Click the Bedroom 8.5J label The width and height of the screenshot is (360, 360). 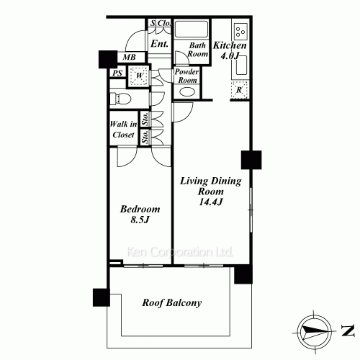140,214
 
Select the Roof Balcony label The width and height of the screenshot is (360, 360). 172,302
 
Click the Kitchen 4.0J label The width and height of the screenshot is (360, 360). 230,50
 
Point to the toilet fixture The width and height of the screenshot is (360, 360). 120,98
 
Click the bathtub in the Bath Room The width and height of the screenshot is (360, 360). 192,29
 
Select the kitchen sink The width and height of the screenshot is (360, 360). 241,66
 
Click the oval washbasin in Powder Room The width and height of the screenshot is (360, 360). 187,91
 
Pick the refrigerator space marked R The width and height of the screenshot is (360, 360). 239,90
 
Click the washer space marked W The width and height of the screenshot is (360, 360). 139,76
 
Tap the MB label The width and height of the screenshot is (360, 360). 129,57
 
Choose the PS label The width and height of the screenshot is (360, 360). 117,73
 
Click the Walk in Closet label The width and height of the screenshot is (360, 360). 123,130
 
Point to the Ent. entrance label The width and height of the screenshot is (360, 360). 159,44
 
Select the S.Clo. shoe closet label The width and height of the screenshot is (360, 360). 161,23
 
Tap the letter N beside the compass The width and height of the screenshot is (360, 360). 348,330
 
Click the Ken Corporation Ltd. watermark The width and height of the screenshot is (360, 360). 179,252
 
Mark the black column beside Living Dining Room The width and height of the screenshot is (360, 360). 251,160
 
